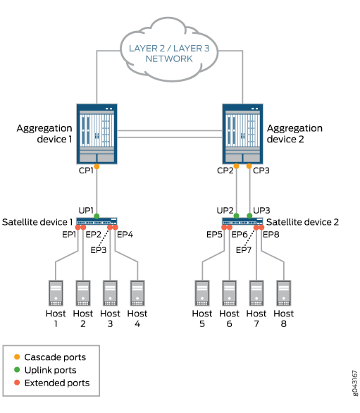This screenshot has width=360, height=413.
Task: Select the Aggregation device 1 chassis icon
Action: (x=97, y=133)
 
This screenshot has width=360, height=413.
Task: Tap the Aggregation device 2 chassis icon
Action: (x=243, y=133)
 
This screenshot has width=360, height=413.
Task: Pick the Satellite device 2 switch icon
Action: (x=243, y=221)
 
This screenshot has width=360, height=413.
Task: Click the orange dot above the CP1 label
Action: (x=97, y=166)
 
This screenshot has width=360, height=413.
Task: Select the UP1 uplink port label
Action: (x=87, y=210)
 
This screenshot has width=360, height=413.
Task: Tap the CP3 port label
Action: (x=261, y=170)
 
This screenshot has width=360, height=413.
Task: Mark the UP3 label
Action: (x=261, y=210)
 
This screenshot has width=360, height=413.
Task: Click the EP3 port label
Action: (x=98, y=250)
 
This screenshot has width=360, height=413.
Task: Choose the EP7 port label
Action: (x=244, y=250)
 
